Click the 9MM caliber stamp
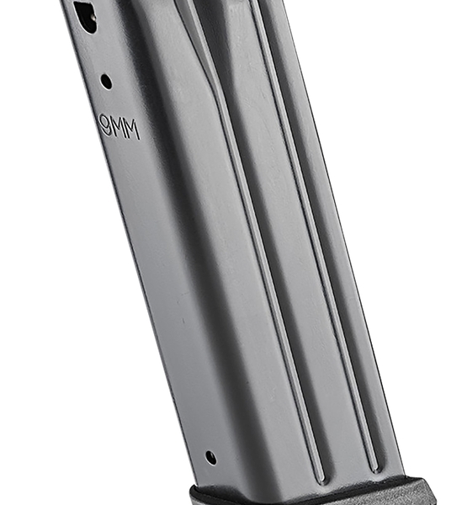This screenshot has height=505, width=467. (x=119, y=126)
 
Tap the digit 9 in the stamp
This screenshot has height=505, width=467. (x=105, y=124)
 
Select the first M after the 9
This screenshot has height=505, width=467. (x=118, y=128)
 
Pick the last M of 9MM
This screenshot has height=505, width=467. (x=133, y=130)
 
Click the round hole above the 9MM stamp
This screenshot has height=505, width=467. (x=106, y=82)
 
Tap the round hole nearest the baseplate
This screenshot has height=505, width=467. (x=210, y=457)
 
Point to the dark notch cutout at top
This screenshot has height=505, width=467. (x=85, y=15)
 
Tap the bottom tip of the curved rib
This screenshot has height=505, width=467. (x=321, y=483)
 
